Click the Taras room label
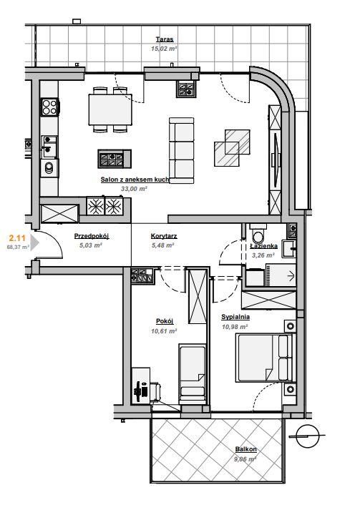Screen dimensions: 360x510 [x=165, y=39]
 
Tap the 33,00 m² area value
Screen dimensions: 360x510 [x=134, y=189]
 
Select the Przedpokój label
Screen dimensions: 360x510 [x=92, y=236]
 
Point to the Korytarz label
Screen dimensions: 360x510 [x=164, y=236]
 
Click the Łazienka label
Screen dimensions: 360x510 [x=263, y=246]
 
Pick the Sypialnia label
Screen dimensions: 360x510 [x=235, y=317]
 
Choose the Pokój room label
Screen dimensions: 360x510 [x=165, y=321]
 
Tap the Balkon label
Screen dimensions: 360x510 [x=246, y=449]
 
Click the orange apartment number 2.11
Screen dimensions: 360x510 [x=17, y=238]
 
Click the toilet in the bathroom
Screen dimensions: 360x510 [x=259, y=232]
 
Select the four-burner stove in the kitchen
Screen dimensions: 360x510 [x=50, y=107]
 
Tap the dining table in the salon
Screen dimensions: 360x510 [x=110, y=109]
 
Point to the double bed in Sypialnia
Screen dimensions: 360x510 [x=265, y=358]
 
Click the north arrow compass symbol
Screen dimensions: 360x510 [x=307, y=436]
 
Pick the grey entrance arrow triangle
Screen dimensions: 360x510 [x=34, y=243]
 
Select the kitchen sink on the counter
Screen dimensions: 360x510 [x=49, y=147]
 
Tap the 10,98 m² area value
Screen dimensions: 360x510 [x=235, y=327]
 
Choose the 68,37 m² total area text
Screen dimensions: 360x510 [x=18, y=247]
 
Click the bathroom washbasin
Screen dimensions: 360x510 [x=288, y=249]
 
